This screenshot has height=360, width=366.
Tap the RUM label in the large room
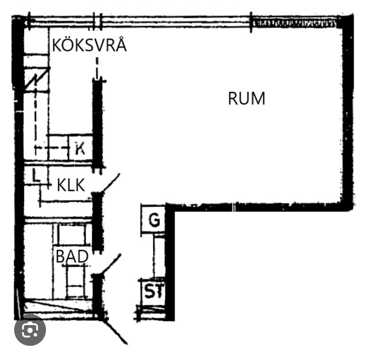tap(247, 98)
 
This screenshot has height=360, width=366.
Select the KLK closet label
tap(71, 185)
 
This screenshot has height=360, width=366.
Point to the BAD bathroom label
tap(72, 256)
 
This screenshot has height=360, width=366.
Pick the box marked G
tap(153, 218)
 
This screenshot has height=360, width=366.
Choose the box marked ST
tap(152, 291)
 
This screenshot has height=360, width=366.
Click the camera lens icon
tap(30, 329)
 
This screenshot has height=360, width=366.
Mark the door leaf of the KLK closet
tap(111, 183)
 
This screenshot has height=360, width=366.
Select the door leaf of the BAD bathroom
tap(111, 264)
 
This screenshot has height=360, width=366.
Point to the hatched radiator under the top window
tap(294, 23)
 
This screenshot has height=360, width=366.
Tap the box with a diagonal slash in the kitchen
tap(37, 80)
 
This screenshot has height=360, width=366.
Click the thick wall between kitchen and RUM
tap(98, 124)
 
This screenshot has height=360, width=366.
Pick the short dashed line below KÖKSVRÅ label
tap(97, 68)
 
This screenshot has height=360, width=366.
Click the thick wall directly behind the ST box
tap(170, 292)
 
